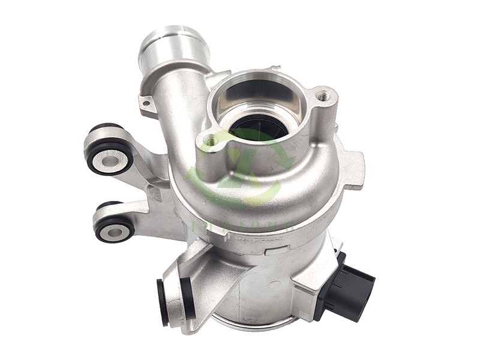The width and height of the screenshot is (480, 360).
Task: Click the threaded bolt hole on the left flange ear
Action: [x=211, y=140]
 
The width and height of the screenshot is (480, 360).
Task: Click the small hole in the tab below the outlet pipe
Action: [x=145, y=104]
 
